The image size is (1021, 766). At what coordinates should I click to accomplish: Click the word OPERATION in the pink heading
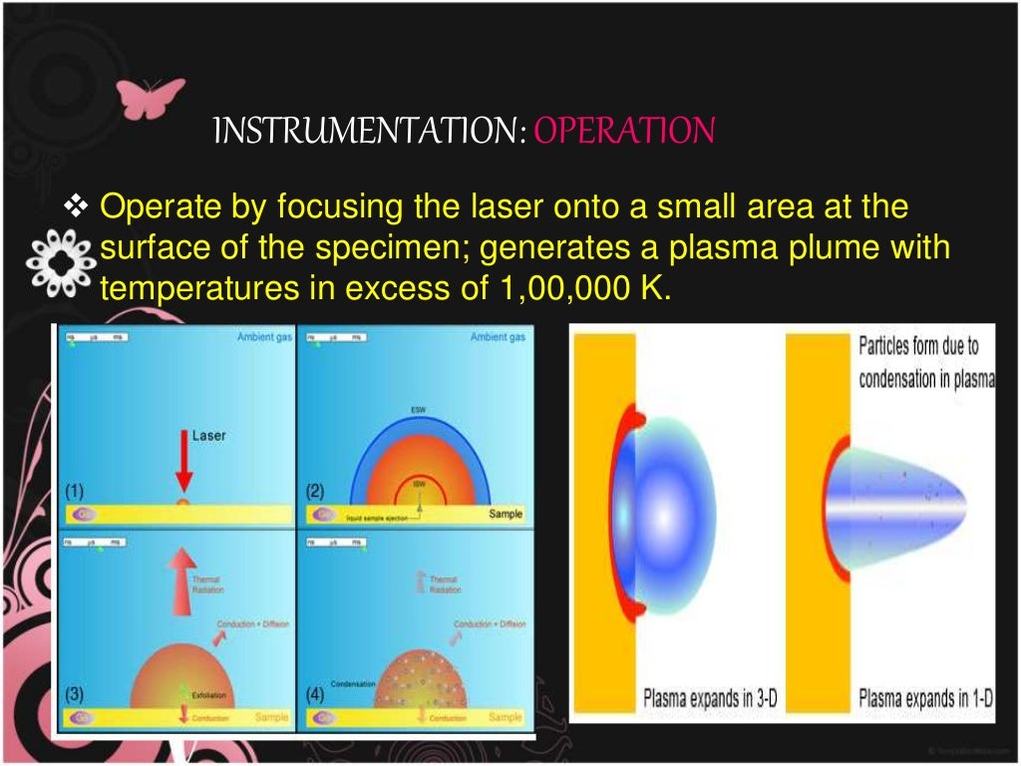pyautogui.click(x=624, y=131)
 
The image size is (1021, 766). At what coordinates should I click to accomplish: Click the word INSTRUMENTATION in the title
pyautogui.click(x=370, y=131)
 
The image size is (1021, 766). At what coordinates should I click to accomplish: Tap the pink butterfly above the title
pyautogui.click(x=150, y=98)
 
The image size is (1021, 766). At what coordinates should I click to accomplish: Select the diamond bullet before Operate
pyautogui.click(x=77, y=208)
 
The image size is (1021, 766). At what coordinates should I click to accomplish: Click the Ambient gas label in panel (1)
pyautogui.click(x=263, y=338)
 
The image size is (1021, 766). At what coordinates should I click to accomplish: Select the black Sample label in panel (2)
pyautogui.click(x=505, y=514)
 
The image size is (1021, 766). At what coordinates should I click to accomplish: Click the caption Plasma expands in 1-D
pyautogui.click(x=926, y=698)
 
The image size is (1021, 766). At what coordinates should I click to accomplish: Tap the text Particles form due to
pyautogui.click(x=918, y=347)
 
